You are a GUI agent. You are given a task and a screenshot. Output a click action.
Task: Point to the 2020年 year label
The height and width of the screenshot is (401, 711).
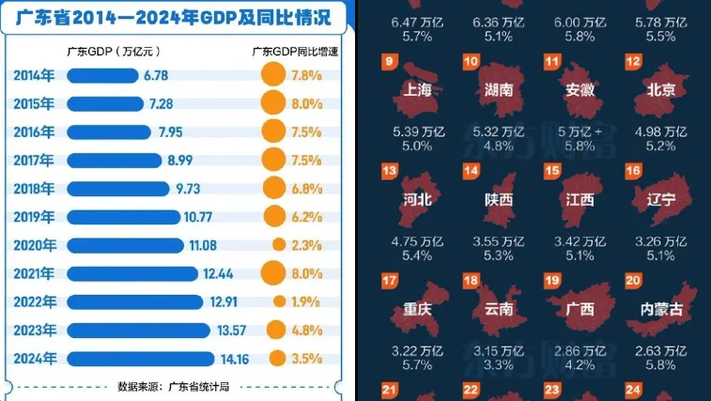[35, 245]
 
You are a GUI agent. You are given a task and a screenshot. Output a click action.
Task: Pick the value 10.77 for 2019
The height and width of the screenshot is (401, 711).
[199, 217]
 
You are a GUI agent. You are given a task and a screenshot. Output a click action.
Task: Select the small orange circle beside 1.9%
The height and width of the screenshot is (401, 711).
[278, 301]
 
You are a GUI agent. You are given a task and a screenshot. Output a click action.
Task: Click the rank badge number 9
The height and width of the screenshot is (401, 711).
[391, 64]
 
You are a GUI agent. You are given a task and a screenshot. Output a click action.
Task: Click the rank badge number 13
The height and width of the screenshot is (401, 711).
[391, 172]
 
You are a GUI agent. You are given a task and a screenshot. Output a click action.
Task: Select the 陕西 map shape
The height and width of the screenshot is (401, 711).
[499, 193]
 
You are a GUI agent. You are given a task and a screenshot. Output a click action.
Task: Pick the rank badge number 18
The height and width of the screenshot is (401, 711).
[471, 281]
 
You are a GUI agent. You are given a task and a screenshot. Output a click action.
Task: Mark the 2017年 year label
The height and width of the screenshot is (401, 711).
[35, 161]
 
